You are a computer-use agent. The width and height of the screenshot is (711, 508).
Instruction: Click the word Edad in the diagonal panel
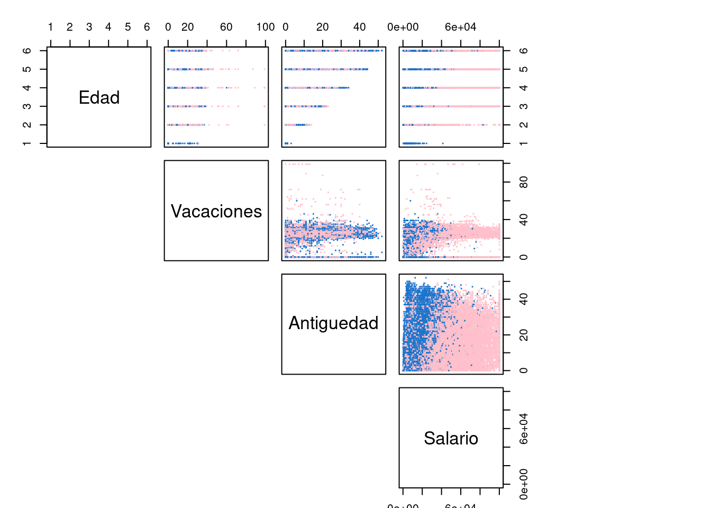tap(99, 97)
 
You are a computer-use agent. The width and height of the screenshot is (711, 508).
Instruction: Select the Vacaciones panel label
tap(216, 211)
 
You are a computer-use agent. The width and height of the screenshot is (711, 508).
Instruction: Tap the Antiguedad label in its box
tap(333, 323)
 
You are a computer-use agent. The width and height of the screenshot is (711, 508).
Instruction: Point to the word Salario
tap(451, 438)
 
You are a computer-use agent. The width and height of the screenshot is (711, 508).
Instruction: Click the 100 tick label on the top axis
tap(265, 27)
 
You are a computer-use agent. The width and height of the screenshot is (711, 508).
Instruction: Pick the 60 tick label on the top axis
tap(226, 27)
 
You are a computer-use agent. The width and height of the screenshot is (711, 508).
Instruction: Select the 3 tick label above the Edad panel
tap(89, 27)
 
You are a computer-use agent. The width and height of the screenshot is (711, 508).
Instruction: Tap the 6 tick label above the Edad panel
tap(147, 27)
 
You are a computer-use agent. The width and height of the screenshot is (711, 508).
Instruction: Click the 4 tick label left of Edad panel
tap(27, 88)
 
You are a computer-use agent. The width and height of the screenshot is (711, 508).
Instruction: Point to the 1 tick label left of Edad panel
tap(27, 143)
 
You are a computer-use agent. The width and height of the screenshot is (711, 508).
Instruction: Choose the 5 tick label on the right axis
tap(523, 69)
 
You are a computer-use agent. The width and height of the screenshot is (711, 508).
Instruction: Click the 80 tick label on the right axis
tap(523, 183)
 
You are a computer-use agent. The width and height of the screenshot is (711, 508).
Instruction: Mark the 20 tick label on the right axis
tap(523, 335)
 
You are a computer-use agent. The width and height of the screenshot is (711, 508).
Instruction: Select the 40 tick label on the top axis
tap(359, 27)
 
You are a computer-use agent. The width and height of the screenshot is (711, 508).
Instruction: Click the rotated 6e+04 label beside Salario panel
tap(523, 429)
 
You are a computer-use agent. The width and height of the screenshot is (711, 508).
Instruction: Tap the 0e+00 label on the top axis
tap(403, 27)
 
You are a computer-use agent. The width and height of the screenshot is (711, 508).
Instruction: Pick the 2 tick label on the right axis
tap(523, 125)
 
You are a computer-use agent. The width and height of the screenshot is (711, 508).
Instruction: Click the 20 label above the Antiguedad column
tap(322, 27)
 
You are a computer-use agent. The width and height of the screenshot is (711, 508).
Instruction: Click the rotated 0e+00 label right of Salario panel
tap(523, 484)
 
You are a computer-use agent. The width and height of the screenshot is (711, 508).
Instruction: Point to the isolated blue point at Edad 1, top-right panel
tap(443, 143)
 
